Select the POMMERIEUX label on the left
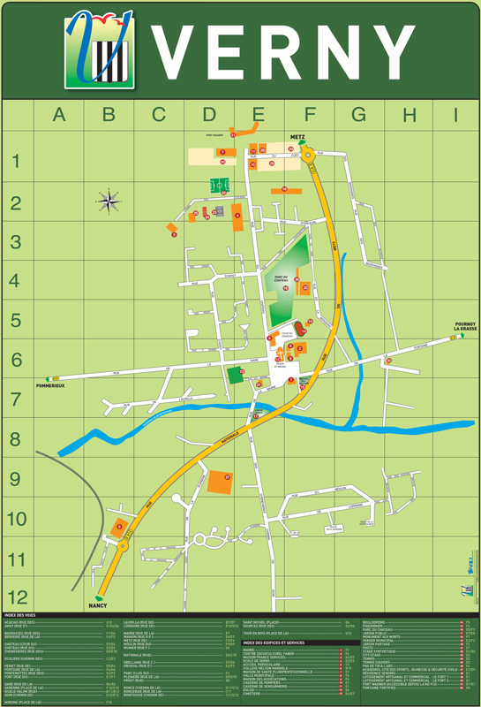[x=52, y=386]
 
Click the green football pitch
[x=219, y=186]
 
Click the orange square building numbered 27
[x=219, y=482]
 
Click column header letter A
[x=58, y=114]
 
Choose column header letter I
[x=455, y=114]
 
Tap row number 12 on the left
[x=18, y=596]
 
